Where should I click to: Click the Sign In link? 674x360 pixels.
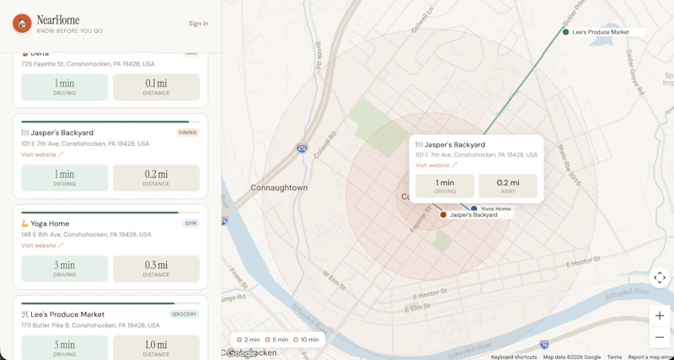point(198,24)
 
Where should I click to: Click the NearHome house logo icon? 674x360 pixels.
point(22,24)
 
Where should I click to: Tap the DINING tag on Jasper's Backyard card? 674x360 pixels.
point(187,132)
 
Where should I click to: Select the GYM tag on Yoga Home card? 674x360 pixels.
point(190,223)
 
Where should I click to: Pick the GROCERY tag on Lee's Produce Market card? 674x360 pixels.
point(185,314)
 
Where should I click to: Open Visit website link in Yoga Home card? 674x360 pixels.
point(42,245)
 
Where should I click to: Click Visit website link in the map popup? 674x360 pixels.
point(436,165)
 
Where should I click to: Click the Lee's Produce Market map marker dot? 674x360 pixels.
point(566,32)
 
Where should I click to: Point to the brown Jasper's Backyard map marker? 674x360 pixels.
point(443,215)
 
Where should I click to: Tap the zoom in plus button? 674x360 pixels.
point(660,315)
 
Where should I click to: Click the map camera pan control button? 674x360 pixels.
point(660,277)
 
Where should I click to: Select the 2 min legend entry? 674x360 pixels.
point(249,340)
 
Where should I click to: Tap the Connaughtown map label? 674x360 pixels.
point(279,187)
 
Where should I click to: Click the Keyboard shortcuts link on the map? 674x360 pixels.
point(514,357)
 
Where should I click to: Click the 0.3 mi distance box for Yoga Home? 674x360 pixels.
point(156,268)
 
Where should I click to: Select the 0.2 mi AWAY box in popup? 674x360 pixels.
point(507,186)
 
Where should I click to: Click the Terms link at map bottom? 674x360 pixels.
point(614,357)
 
